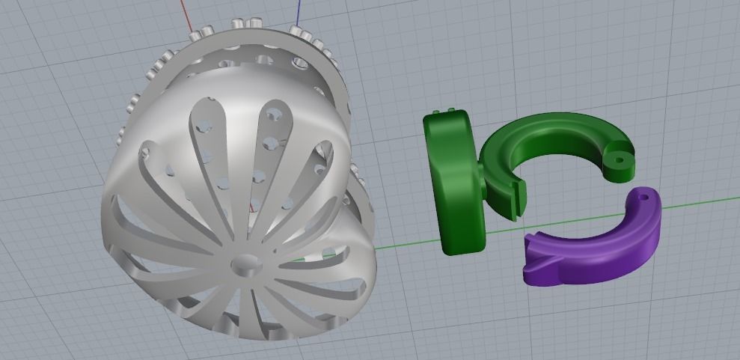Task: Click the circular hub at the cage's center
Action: [x=243, y=263]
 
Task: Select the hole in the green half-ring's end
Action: [x=620, y=159]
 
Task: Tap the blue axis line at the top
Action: [x=299, y=11]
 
